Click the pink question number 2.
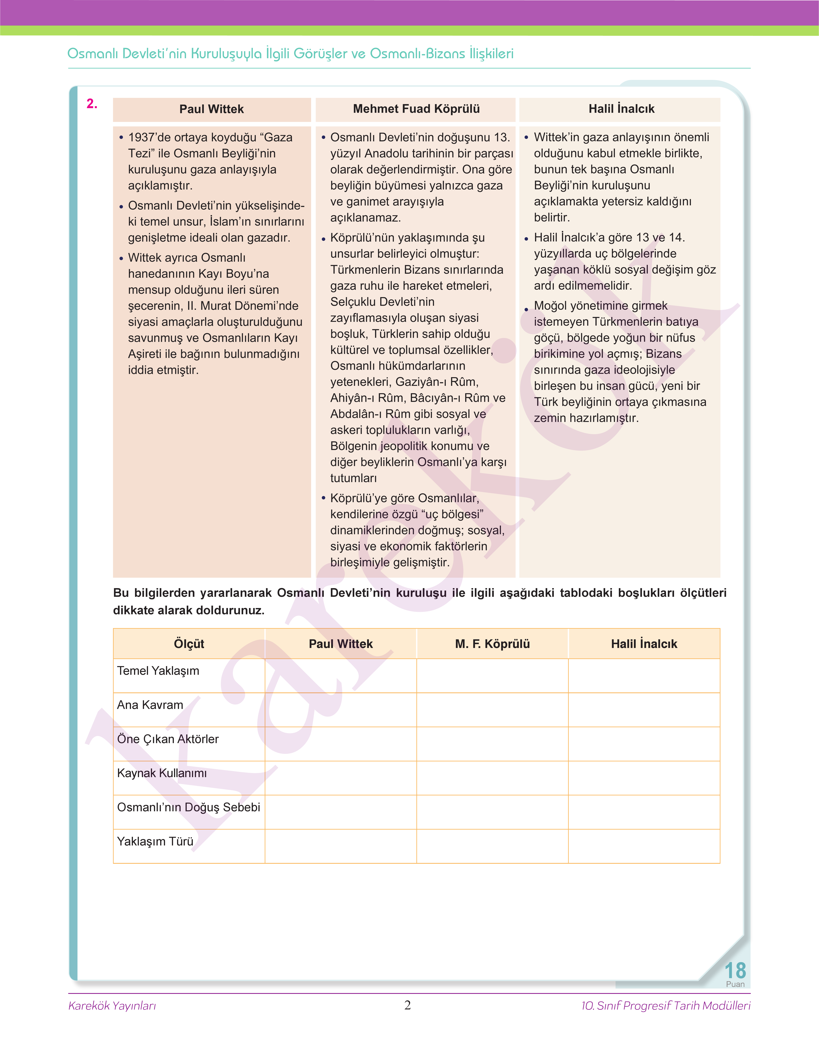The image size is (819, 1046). point(92,104)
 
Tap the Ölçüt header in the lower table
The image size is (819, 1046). point(189,644)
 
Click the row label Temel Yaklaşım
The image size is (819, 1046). point(158,671)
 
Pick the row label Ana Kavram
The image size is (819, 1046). point(150,705)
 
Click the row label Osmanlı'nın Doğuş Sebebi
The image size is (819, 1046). point(188,807)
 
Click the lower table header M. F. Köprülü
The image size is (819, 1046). point(492,644)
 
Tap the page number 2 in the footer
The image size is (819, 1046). point(408,1005)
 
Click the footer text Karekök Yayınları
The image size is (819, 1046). point(112,1006)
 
